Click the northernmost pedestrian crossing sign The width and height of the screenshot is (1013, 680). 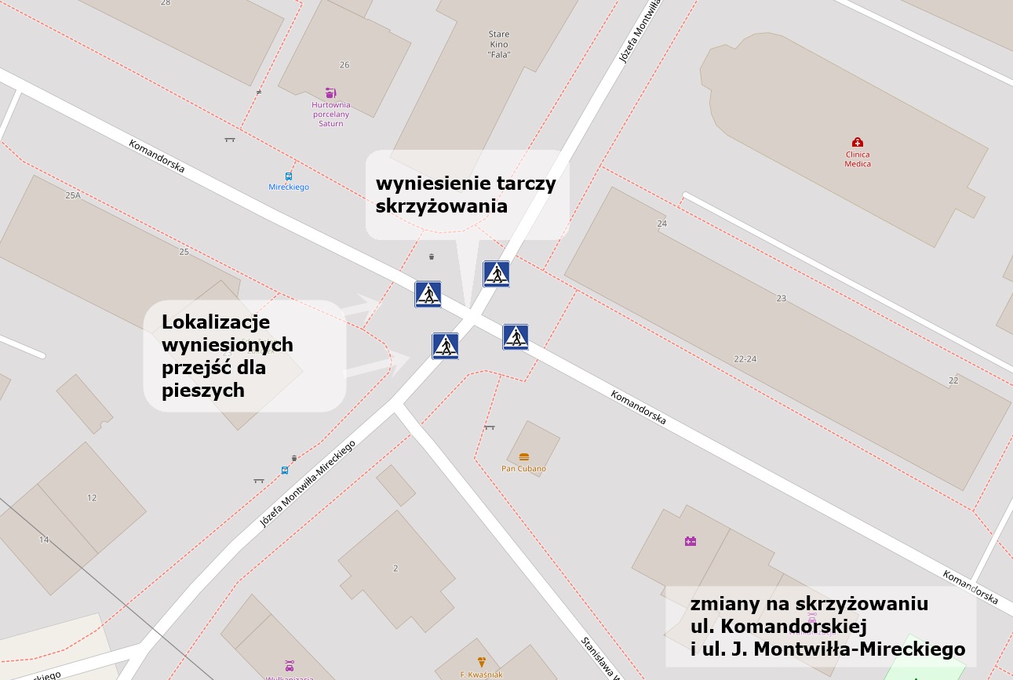pyautogui.click(x=496, y=274)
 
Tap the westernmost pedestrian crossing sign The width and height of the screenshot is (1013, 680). pyautogui.click(x=428, y=294)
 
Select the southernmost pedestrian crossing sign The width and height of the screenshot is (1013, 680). pyautogui.click(x=445, y=346)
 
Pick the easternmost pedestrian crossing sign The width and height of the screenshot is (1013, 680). pyautogui.click(x=516, y=336)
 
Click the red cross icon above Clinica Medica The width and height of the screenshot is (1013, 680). pyautogui.click(x=858, y=142)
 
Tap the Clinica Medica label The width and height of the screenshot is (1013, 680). pyautogui.click(x=858, y=159)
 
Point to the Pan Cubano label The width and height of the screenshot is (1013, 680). pyautogui.click(x=523, y=469)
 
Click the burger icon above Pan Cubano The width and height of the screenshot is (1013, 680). pyautogui.click(x=524, y=456)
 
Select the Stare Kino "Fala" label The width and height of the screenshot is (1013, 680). pyautogui.click(x=500, y=45)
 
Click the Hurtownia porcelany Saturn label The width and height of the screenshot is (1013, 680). pyautogui.click(x=331, y=114)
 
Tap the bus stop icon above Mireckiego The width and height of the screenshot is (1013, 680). pyautogui.click(x=289, y=176)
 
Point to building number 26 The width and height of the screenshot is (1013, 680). pyautogui.click(x=344, y=64)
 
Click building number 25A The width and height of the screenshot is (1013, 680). pyautogui.click(x=73, y=195)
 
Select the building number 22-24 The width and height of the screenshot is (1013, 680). pyautogui.click(x=745, y=358)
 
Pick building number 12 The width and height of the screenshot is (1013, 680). pyautogui.click(x=92, y=497)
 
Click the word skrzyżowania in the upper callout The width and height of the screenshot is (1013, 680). pyautogui.click(x=442, y=206)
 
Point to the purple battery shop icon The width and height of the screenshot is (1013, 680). pyautogui.click(x=691, y=541)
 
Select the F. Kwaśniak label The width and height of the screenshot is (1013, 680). pyautogui.click(x=481, y=674)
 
